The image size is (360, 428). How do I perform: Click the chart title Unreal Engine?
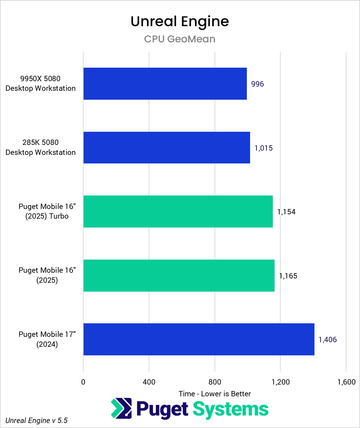(x=180, y=21)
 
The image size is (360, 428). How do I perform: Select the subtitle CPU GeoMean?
(x=180, y=39)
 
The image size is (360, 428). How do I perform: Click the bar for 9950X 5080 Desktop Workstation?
(x=165, y=84)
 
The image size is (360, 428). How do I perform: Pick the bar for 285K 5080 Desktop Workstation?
(x=166, y=148)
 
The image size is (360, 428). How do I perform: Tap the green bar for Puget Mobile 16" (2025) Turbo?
(x=178, y=212)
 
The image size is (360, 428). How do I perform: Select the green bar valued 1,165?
(x=179, y=276)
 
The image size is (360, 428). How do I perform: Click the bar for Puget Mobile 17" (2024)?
(x=199, y=339)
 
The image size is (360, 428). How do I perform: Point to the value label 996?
(x=257, y=84)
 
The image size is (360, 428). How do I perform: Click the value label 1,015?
(x=263, y=148)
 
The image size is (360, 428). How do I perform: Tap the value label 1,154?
(x=286, y=212)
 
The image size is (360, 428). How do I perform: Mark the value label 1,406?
(x=327, y=340)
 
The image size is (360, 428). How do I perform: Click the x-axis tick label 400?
(x=149, y=382)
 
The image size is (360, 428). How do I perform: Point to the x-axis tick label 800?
(x=215, y=382)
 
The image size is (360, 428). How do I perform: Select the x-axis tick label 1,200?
(x=281, y=382)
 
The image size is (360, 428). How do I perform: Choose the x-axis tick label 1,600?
(x=346, y=382)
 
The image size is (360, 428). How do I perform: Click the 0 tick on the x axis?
(x=83, y=382)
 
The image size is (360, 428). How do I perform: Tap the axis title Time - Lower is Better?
(x=215, y=393)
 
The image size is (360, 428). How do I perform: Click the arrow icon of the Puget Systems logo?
(x=121, y=408)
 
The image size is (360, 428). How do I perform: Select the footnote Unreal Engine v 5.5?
(x=36, y=421)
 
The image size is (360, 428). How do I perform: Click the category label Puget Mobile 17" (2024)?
(x=47, y=339)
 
